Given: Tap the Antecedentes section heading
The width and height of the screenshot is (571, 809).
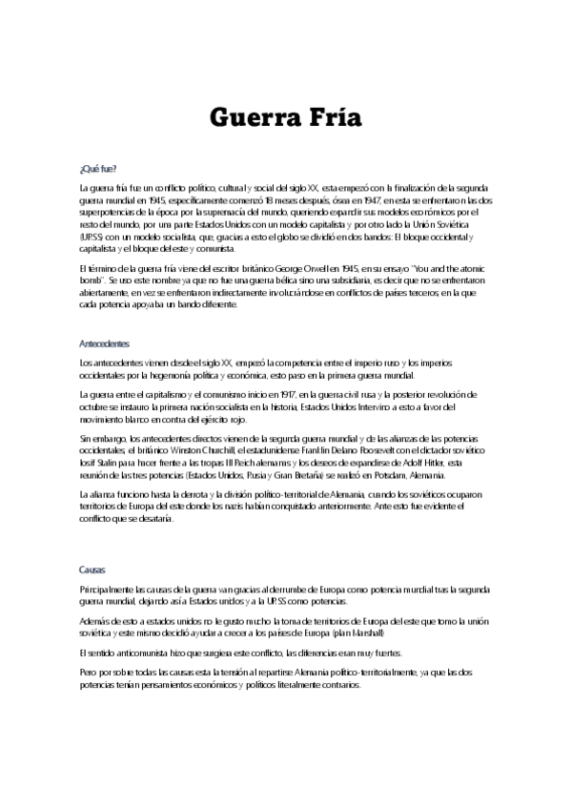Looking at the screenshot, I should tap(105, 342).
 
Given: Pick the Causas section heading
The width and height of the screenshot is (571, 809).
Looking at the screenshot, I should tap(92, 569).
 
